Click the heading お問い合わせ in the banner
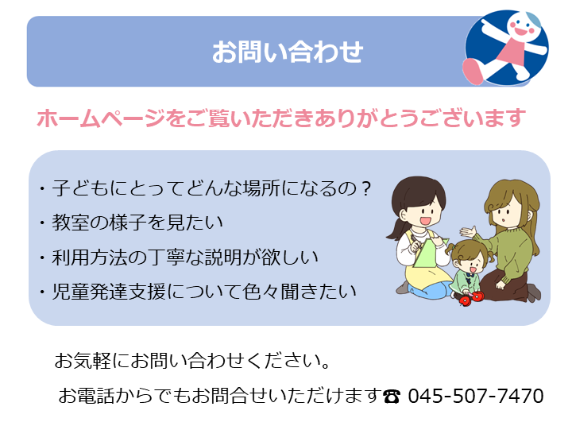(288, 52)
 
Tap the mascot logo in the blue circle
(506, 48)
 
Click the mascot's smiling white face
(523, 25)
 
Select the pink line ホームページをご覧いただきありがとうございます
(281, 118)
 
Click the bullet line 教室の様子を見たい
(132, 223)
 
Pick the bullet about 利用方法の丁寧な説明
(179, 257)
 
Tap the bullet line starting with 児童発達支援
(198, 292)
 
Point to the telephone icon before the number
(392, 396)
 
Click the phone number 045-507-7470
(476, 396)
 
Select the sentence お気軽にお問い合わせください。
(192, 361)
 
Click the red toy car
(471, 298)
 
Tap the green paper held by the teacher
(429, 253)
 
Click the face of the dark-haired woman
(424, 212)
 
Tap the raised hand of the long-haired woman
(468, 232)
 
